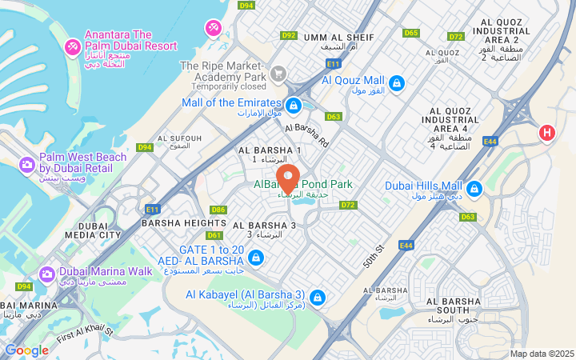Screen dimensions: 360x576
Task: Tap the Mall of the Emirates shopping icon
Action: pos(294,105)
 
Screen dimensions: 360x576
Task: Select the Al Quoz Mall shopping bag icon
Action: pos(396,82)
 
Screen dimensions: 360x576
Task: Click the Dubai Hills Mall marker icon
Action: pos(474,189)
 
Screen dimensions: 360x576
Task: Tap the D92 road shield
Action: pos(289,35)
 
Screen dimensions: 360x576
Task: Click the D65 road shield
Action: pos(411,33)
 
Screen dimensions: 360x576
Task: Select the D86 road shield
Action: pos(218,210)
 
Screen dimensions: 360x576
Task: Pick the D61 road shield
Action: pos(214,235)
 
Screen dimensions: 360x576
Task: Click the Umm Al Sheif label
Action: pos(328,38)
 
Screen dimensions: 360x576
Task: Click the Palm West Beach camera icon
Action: pos(27,165)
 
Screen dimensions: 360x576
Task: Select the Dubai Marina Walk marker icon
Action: pos(47,274)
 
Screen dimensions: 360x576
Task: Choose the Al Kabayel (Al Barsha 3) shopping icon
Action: pos(318,297)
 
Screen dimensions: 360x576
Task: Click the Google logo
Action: pos(26,350)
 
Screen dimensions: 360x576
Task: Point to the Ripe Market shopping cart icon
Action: pos(278,74)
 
